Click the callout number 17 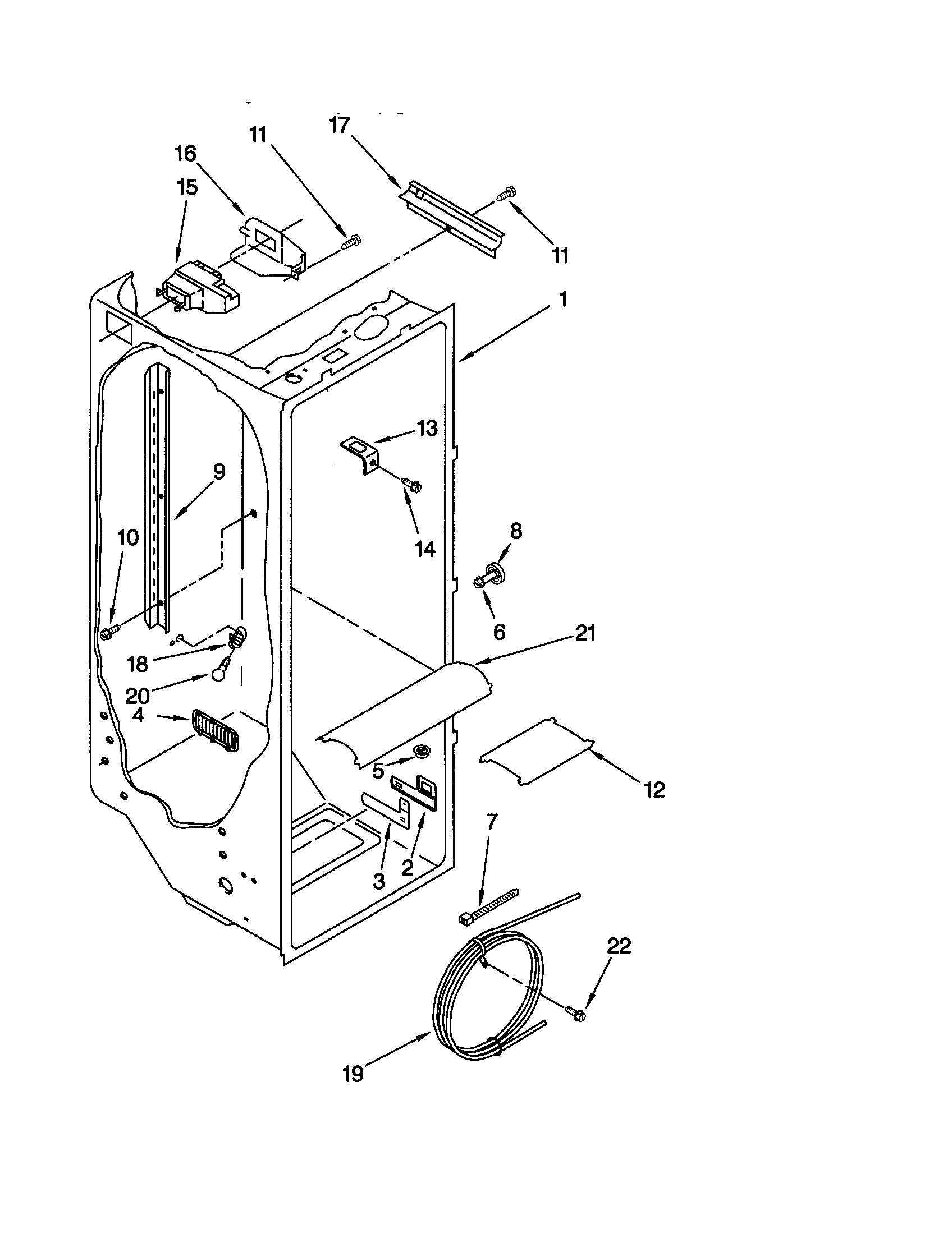(340, 126)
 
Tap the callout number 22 (619, 946)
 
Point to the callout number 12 (654, 790)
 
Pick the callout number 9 (219, 471)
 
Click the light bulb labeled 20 (217, 675)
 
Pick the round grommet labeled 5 (422, 750)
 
